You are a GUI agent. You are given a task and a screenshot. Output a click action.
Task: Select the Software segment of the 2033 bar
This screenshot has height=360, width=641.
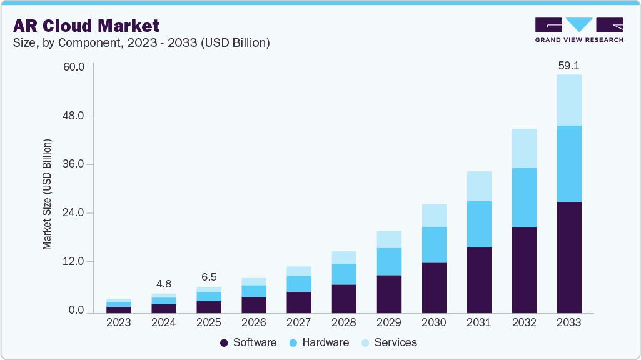coord(569,257)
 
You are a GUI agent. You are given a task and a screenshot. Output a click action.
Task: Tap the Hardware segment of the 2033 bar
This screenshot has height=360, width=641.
coord(569,164)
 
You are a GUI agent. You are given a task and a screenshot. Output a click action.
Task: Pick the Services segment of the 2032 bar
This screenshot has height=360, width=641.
coord(524,148)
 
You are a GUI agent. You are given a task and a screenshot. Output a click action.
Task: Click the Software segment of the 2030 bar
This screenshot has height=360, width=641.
coord(434,287)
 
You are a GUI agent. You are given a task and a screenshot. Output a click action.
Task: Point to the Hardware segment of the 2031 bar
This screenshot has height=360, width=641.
coord(479,224)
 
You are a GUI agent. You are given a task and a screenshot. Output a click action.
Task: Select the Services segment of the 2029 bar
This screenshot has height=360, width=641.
coord(389,239)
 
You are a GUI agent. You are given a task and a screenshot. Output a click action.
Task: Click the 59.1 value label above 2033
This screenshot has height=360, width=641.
coord(569,65)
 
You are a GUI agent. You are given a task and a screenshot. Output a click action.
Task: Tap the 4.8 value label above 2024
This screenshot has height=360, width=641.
coord(164,284)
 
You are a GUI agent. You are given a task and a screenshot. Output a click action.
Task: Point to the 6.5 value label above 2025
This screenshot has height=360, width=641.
coord(209,277)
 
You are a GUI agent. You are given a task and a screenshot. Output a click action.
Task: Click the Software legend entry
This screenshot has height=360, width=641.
coord(248,342)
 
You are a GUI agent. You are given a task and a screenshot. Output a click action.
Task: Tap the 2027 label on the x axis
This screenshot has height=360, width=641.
coord(299,323)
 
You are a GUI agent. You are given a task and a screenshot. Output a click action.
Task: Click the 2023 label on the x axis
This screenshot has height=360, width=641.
coord(119,323)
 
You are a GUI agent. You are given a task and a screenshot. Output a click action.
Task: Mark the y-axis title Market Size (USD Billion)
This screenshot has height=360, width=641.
coord(48,194)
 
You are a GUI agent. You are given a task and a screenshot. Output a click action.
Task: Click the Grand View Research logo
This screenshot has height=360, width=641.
coord(579,29)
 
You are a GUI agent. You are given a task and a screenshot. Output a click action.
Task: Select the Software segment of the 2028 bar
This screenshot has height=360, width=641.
coord(344,299)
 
